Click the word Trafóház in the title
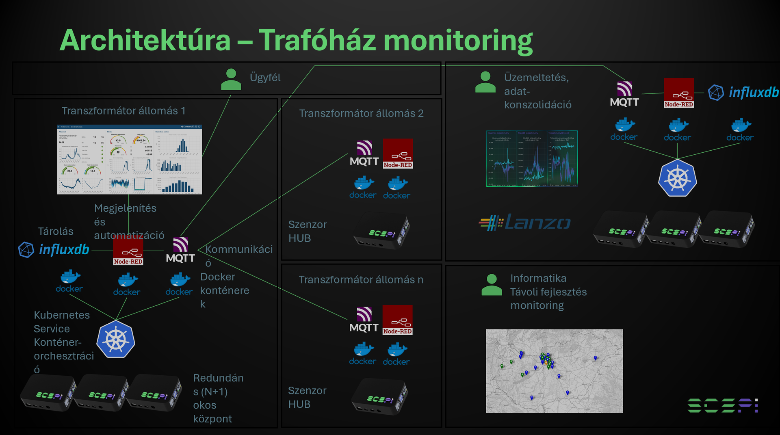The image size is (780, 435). pos(317,41)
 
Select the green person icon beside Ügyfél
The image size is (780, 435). pos(231,79)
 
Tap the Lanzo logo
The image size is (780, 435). pos(525,223)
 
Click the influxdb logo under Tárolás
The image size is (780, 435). pos(54,249)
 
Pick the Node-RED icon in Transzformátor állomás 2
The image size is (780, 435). pos(398,154)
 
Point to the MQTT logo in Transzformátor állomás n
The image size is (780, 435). pos(364,320)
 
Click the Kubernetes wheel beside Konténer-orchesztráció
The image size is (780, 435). pos(116,339)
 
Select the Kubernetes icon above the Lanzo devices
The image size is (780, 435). pos(677,178)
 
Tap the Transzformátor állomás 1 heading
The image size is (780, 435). pos(123,111)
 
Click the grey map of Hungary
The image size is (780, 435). pos(554,371)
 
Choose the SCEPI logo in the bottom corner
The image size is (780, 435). pos(722,405)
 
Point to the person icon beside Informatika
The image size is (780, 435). pos(492,285)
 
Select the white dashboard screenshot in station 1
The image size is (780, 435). pos(129,160)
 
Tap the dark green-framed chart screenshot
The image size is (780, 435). pos(532,159)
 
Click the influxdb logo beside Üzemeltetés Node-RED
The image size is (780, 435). pos(743,93)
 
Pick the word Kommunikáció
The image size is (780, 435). pos(239,249)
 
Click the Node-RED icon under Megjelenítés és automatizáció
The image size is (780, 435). pos(128,251)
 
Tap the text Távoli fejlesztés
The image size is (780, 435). pos(548,292)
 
